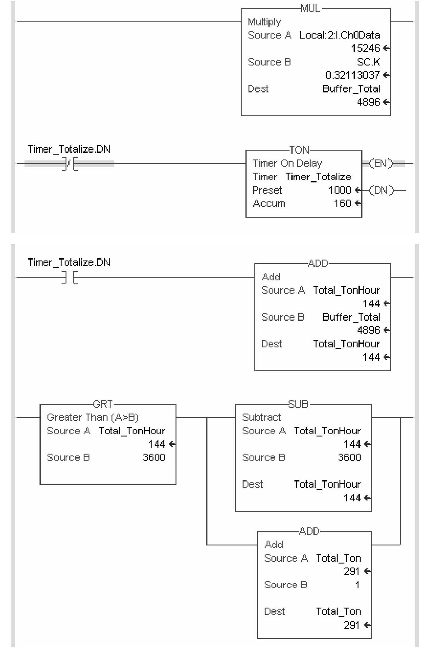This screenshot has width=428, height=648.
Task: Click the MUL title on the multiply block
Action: click(310, 9)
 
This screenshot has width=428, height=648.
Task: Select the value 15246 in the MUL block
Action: click(365, 48)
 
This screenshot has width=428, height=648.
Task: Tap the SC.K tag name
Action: click(368, 62)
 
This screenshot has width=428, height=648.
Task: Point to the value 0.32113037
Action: click(352, 75)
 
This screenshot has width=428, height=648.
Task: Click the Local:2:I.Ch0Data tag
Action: click(339, 35)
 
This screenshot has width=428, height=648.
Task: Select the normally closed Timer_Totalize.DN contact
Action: click(70, 164)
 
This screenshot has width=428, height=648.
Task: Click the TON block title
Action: click(299, 150)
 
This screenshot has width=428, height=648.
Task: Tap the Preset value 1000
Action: click(339, 190)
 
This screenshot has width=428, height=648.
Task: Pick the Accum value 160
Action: click(342, 204)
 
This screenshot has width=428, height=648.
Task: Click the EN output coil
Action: click(381, 164)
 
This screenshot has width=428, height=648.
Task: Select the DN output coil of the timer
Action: click(381, 190)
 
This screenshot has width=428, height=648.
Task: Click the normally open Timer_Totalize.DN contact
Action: click(70, 277)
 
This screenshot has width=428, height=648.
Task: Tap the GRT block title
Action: click(103, 404)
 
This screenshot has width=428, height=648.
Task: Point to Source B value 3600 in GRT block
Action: click(154, 458)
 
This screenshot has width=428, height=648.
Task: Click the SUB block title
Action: click(298, 404)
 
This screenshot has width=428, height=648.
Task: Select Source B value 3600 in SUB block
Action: click(349, 458)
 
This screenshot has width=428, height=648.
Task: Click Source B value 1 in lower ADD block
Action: click(357, 585)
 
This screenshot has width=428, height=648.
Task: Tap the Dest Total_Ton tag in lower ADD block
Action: click(338, 612)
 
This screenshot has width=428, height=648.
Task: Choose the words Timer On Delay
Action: click(287, 164)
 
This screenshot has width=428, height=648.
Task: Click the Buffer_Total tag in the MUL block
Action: click(351, 89)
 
